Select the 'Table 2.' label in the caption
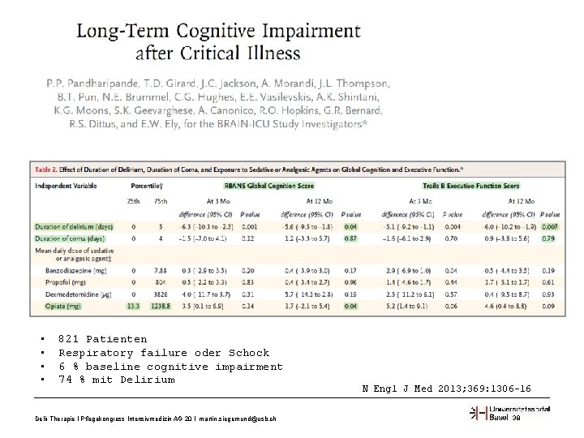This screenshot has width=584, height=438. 48,170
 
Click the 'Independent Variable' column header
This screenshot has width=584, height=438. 66,187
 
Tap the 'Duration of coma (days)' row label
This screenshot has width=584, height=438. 70,239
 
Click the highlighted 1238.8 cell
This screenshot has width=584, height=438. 161,307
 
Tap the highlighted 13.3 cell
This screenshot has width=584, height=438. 134,307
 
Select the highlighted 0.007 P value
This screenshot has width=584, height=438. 549,225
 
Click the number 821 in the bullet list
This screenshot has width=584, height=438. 70,339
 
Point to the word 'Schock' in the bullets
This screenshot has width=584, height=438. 248,353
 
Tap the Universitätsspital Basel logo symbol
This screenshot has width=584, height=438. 479,414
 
